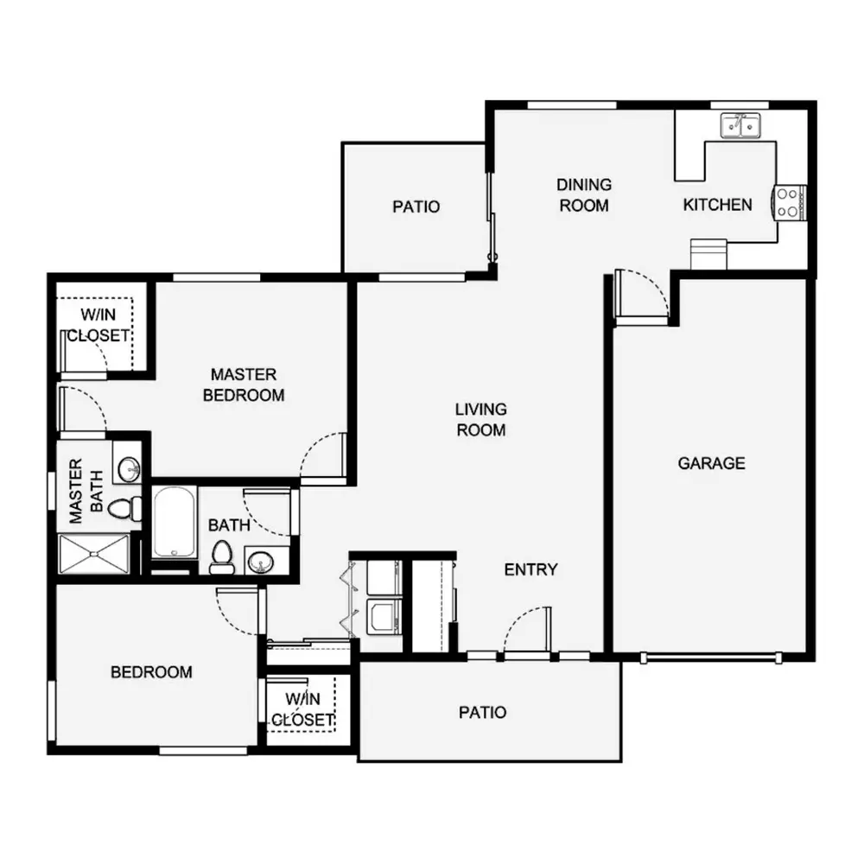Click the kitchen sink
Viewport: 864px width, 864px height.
740,125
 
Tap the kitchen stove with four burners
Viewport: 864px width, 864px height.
791,202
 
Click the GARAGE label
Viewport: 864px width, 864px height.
711,463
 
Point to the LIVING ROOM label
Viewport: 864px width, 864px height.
481,419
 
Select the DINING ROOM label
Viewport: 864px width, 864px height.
584,195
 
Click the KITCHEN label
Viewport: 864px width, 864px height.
717,205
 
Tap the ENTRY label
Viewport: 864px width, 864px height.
530,569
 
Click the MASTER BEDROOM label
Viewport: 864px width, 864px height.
244,384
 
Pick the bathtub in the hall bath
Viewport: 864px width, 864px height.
175,522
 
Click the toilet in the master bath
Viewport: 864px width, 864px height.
124,508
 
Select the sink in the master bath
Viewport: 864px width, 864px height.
127,469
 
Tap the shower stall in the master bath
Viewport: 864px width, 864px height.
93,554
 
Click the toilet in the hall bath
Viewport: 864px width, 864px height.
221,557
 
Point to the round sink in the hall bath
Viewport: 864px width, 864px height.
259,562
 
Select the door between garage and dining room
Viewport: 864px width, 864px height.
641,295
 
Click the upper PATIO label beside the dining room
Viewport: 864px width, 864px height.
416,206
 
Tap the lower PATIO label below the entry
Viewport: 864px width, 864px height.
482,713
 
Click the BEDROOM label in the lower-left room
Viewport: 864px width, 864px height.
151,671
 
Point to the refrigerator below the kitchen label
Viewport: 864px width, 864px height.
708,254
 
